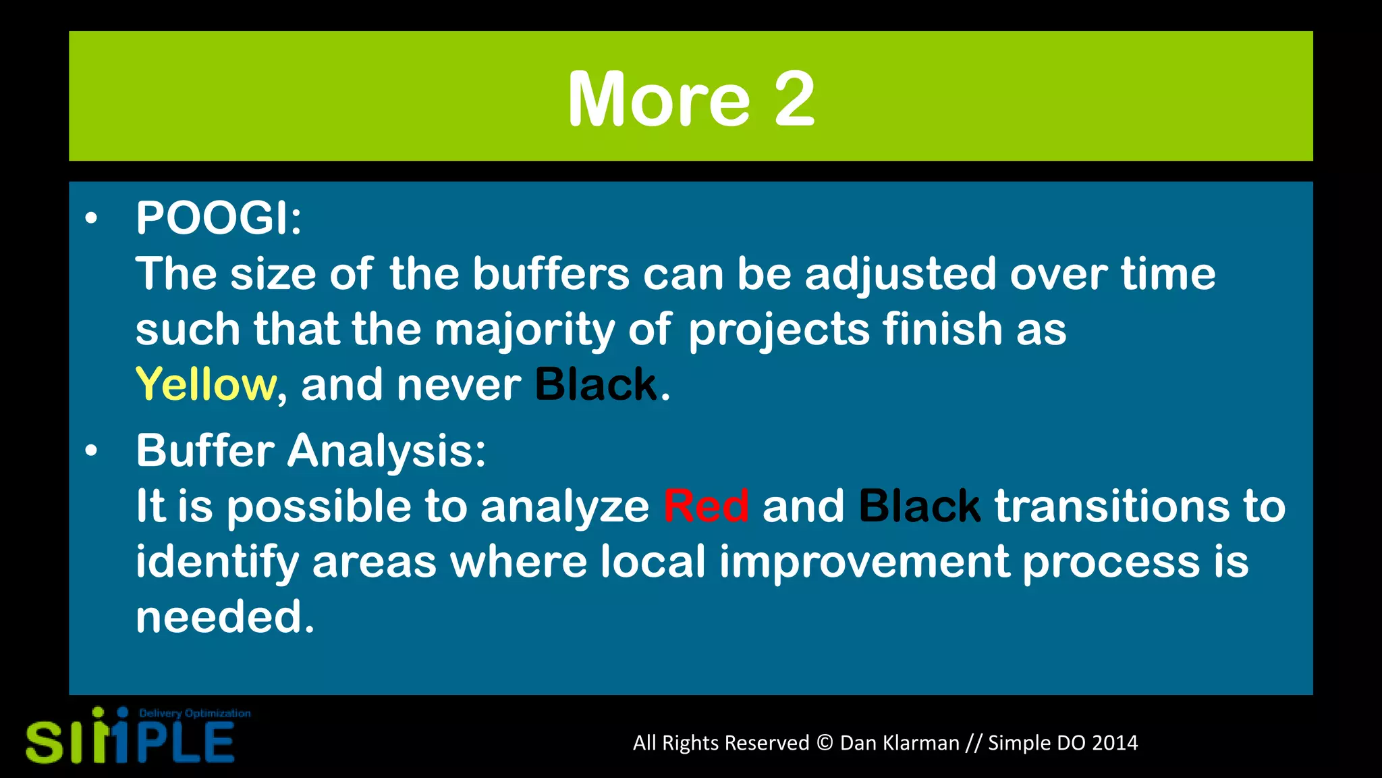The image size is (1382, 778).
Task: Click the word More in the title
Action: (x=658, y=99)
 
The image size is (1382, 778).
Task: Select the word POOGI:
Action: (x=219, y=218)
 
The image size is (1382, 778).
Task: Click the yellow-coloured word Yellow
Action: (x=205, y=384)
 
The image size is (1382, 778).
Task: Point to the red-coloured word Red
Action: (x=706, y=506)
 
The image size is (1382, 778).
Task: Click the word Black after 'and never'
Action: (x=596, y=384)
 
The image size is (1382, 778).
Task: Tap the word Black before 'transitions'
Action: (x=919, y=506)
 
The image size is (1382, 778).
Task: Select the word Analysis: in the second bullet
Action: (x=386, y=450)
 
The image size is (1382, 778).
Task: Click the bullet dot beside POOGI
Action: (x=91, y=219)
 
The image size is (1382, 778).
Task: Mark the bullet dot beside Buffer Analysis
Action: (x=91, y=451)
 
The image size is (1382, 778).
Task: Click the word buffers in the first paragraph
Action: (x=551, y=274)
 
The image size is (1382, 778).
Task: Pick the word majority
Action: (x=524, y=330)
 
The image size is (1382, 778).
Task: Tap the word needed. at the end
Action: (x=225, y=617)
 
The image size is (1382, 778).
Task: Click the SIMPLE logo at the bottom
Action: (x=130, y=741)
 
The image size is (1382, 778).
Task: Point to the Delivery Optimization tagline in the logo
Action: (x=194, y=713)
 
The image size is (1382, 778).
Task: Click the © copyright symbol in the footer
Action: (x=824, y=743)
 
